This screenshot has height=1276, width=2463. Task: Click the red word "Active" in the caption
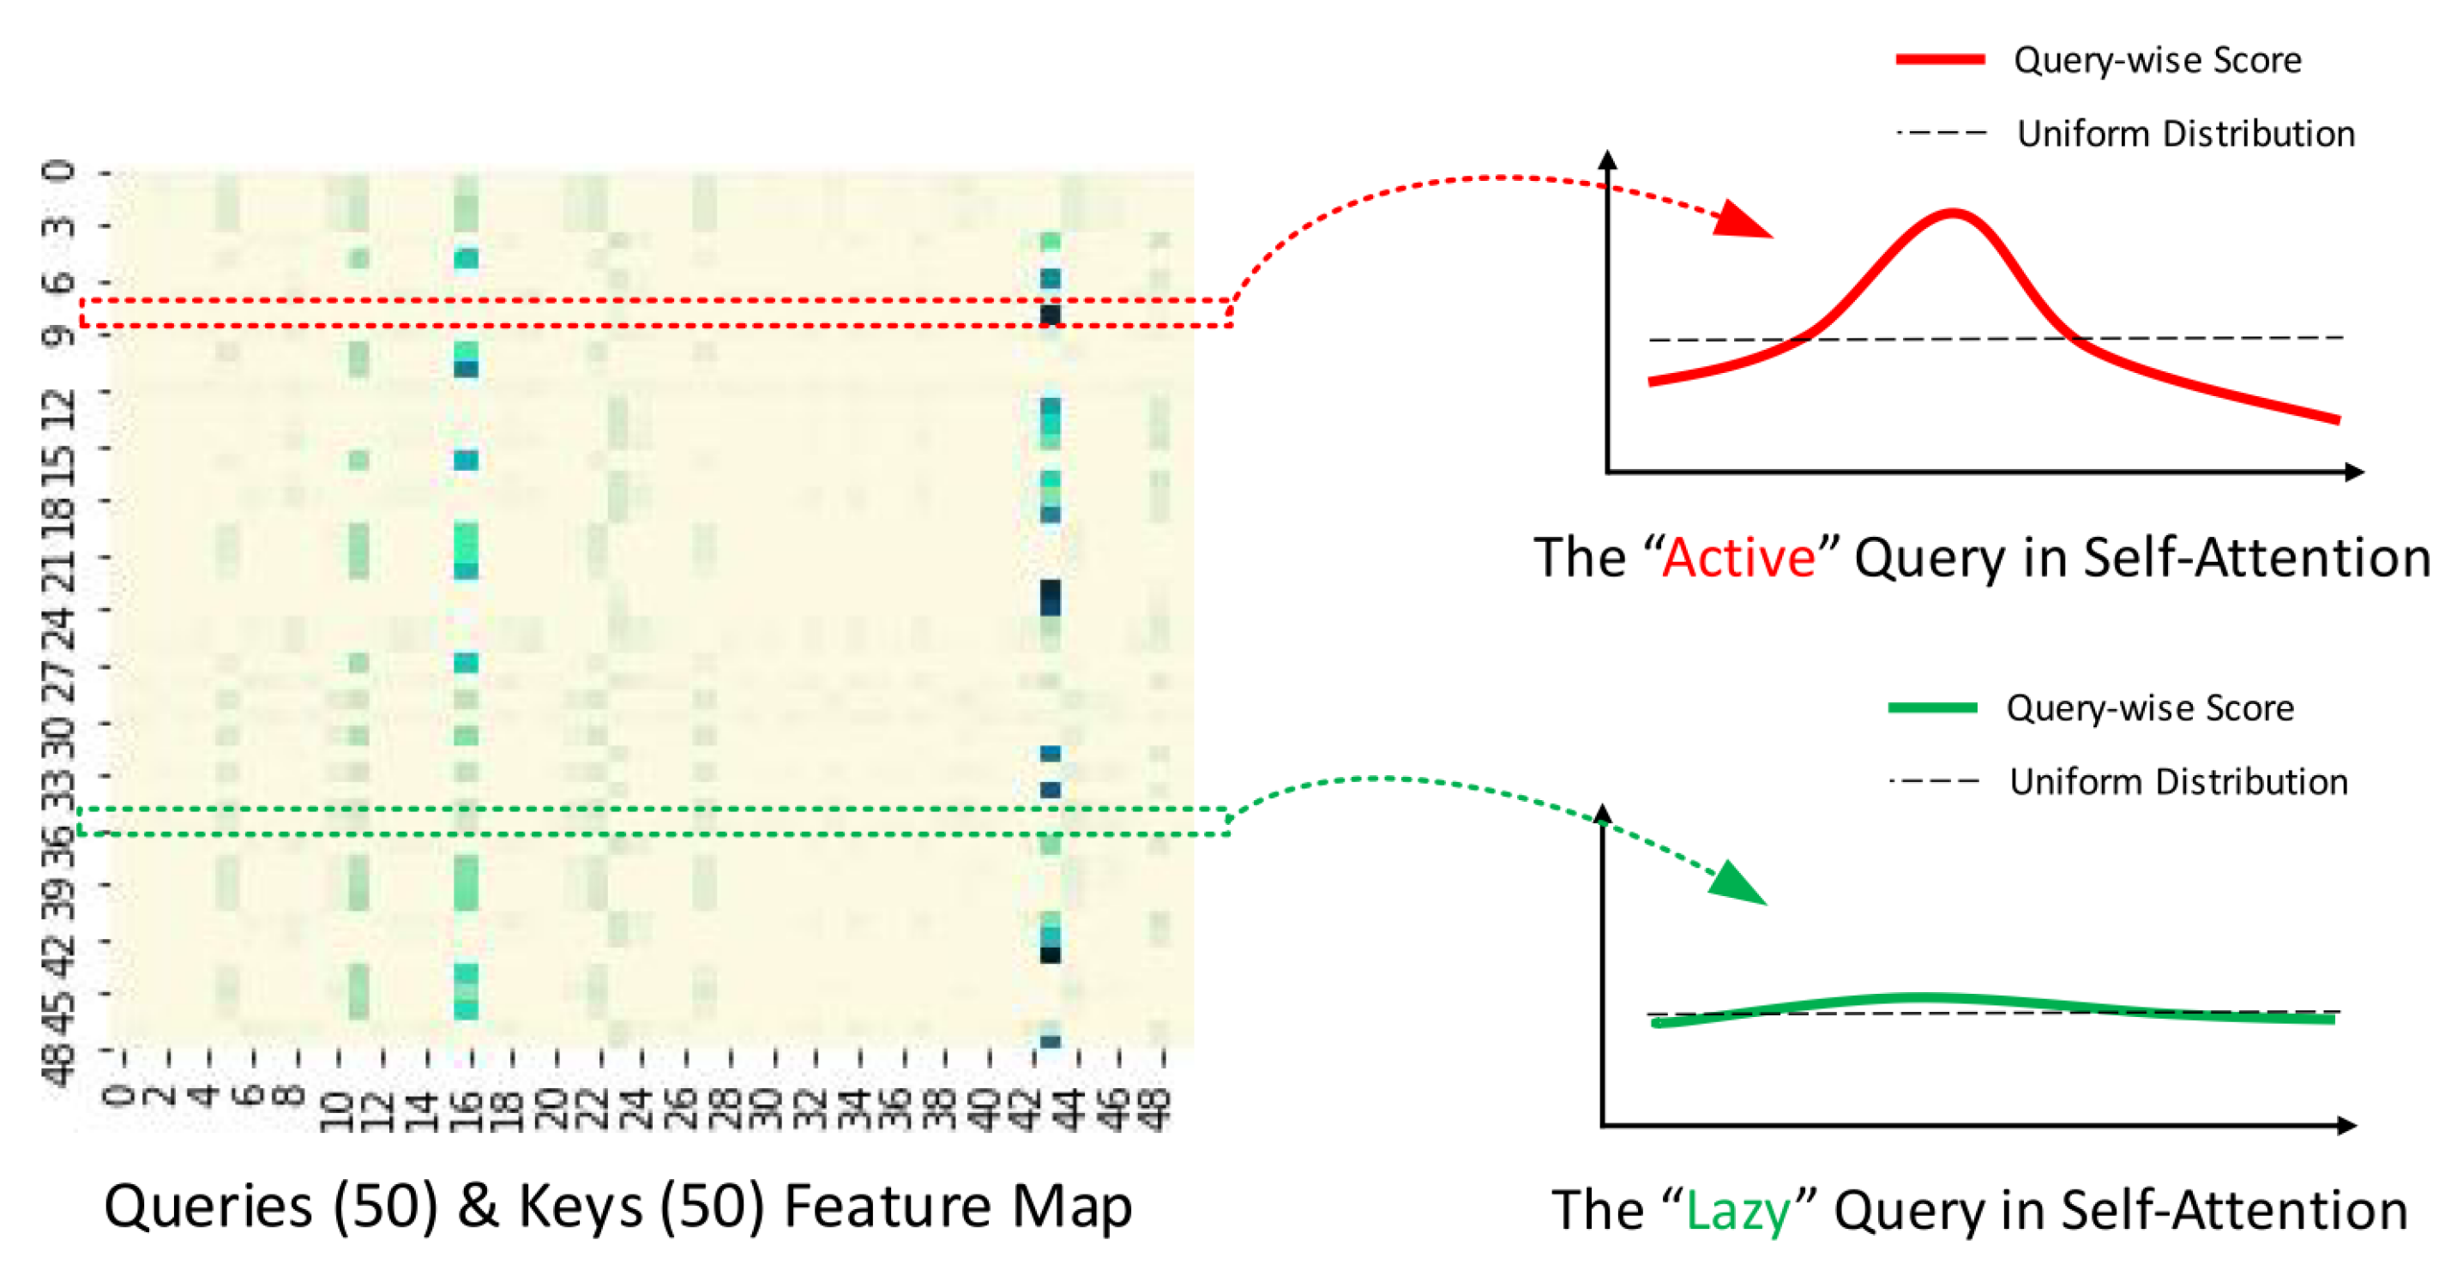1738,557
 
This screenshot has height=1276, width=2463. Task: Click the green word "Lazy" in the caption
1738,1210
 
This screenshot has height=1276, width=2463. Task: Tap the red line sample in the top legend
1940,59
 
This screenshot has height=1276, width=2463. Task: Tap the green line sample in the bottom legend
1932,707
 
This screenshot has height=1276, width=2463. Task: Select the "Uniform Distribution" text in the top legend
2186,134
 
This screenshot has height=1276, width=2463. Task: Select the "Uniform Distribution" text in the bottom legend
2178,782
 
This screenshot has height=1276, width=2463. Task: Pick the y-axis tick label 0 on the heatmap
59,172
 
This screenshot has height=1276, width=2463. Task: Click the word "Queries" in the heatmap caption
208,1207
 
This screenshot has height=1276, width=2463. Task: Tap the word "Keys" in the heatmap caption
581,1207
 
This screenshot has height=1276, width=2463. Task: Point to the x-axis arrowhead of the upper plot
2354,472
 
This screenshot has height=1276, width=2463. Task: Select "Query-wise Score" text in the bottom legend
2149,708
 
